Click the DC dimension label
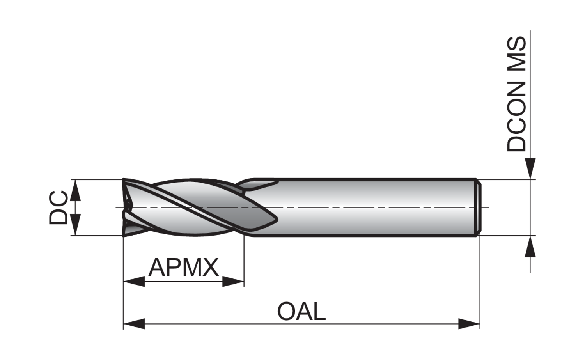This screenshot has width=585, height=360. coord(58,207)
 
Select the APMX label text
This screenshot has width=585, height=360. coord(183,268)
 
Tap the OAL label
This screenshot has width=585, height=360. coord(301,312)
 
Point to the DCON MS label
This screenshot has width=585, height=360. coord(516,94)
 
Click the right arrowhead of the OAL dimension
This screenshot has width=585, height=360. coord(469,323)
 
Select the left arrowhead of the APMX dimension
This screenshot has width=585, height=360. coord(134,281)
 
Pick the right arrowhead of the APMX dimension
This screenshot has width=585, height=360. coord(233,281)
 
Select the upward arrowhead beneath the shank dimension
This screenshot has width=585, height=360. coord(530,247)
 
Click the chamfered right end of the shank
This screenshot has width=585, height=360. coord(477,207)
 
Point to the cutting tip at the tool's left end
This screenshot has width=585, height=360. coord(127,207)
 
